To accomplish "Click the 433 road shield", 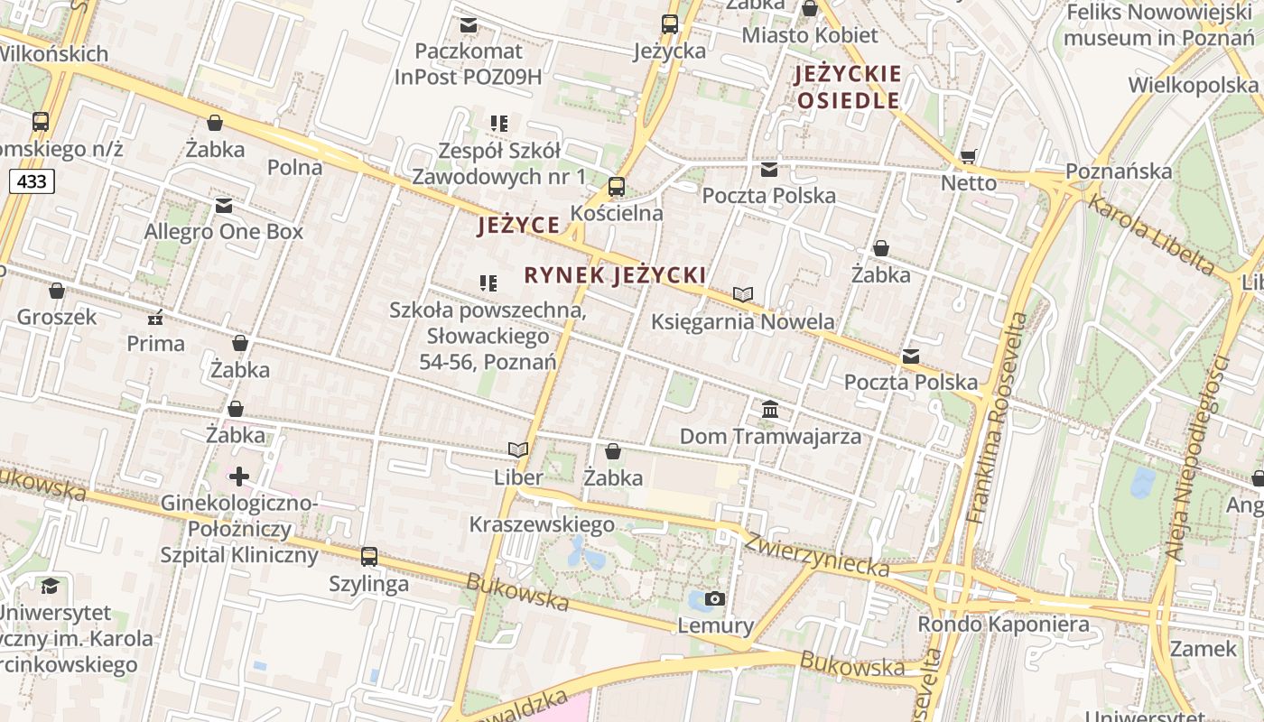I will [33, 181].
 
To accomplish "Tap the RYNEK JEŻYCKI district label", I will [614, 275].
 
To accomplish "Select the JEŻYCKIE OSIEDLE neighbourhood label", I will [848, 87].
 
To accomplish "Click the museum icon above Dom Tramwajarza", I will [770, 411].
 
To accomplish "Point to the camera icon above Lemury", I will [715, 598].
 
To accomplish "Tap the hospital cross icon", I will [239, 476].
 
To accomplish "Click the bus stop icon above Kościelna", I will [617, 188].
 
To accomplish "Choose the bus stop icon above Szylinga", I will [368, 557].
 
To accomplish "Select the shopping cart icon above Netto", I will [969, 157].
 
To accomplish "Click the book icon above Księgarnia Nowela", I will [743, 294].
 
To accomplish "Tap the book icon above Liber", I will [518, 449].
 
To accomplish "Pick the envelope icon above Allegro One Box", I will [224, 206].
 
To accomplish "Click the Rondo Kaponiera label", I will [1003, 625].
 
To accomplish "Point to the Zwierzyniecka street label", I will [816, 553].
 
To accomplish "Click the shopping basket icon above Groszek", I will [57, 291].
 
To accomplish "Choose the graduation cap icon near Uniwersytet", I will [50, 587].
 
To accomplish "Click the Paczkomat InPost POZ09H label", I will [468, 63].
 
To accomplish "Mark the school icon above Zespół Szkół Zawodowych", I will [499, 123].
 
